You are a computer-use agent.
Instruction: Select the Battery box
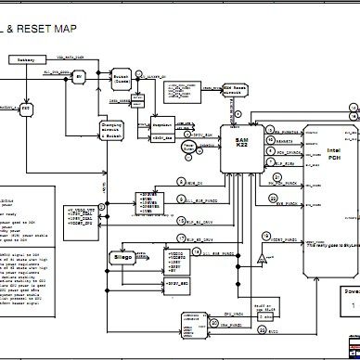(x=26, y=61)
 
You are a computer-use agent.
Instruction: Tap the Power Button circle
(x=188, y=146)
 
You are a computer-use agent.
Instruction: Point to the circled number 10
(x=276, y=174)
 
